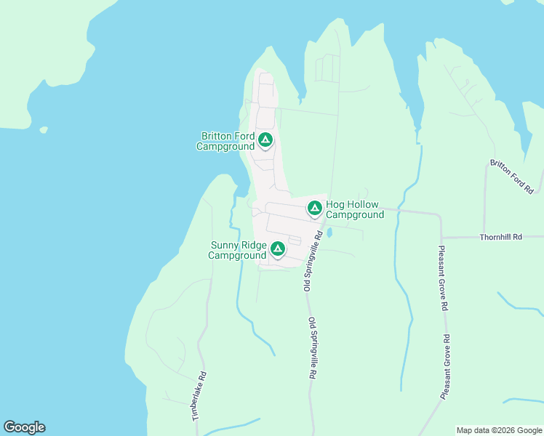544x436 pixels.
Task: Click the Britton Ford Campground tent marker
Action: click(x=265, y=139)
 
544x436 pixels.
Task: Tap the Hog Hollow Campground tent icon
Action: click(x=315, y=209)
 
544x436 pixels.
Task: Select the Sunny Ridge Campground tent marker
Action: click(x=277, y=249)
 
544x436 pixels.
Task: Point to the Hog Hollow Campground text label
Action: click(x=355, y=210)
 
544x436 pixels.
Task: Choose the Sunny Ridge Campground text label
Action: click(x=238, y=250)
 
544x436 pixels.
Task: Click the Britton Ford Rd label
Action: click(x=512, y=177)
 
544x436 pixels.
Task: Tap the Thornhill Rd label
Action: click(x=501, y=237)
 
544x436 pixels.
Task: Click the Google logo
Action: click(x=24, y=427)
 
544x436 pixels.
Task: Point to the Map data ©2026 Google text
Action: click(x=498, y=430)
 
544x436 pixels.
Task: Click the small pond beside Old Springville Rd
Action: click(x=329, y=233)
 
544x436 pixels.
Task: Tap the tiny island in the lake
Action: click(x=44, y=130)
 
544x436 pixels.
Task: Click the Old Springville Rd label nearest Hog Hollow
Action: click(x=312, y=262)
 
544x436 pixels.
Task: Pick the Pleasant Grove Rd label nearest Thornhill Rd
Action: click(x=443, y=278)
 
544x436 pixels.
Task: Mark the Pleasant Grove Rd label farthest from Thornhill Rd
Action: click(x=446, y=366)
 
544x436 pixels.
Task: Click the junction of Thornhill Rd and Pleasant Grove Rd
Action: click(x=441, y=238)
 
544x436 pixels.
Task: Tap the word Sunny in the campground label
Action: click(x=225, y=245)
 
